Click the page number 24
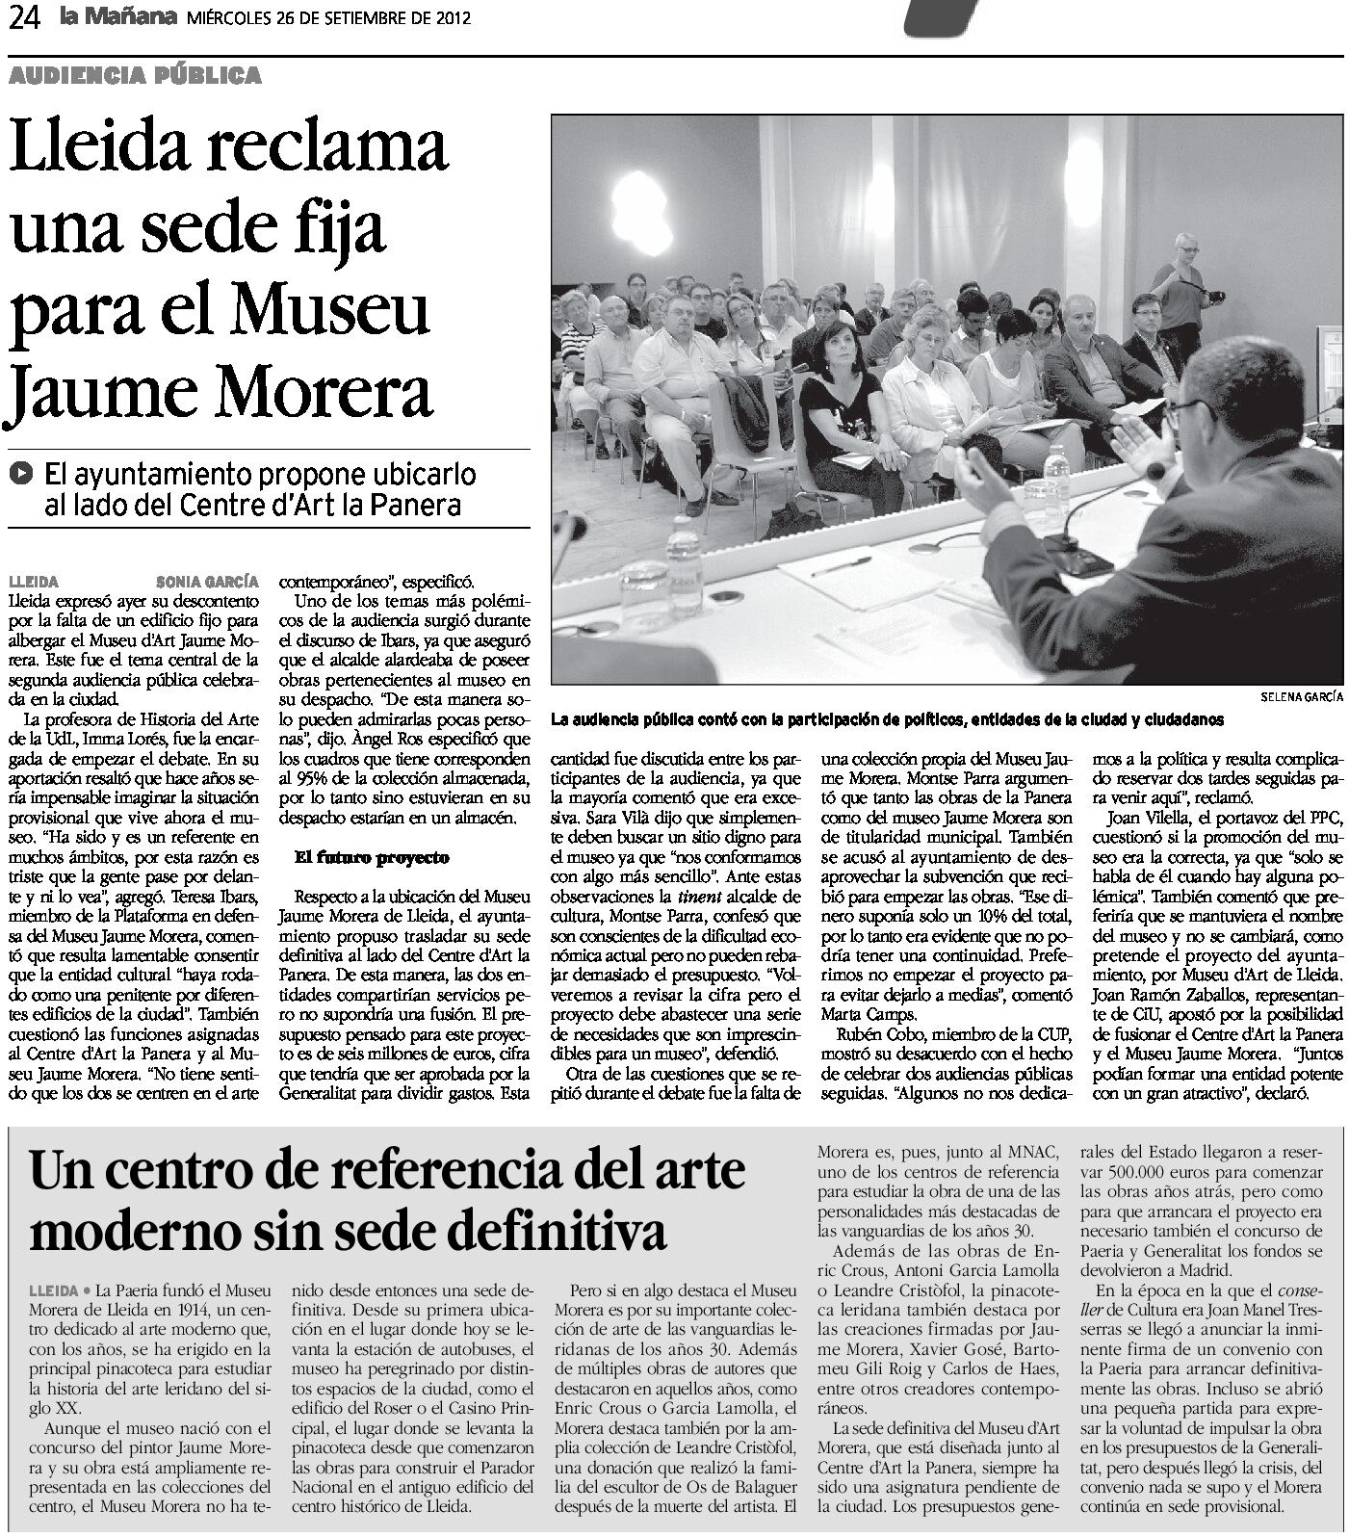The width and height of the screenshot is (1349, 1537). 22,18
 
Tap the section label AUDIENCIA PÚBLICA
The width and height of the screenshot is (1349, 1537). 136,74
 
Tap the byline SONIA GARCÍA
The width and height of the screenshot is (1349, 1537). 207,581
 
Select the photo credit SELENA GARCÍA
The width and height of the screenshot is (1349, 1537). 1300,697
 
